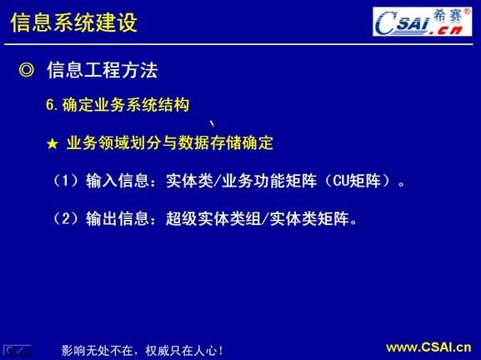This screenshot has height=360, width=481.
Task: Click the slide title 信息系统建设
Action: coord(73,22)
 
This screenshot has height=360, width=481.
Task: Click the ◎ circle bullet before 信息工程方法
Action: coord(27,71)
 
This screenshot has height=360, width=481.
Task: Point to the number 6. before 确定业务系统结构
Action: coord(52,106)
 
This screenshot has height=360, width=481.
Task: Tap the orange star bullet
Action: coord(52,143)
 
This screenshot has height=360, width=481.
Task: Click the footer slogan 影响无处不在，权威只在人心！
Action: coord(142,350)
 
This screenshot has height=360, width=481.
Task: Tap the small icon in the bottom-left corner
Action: coord(18,349)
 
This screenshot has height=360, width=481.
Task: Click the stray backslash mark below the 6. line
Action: coord(200,123)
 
